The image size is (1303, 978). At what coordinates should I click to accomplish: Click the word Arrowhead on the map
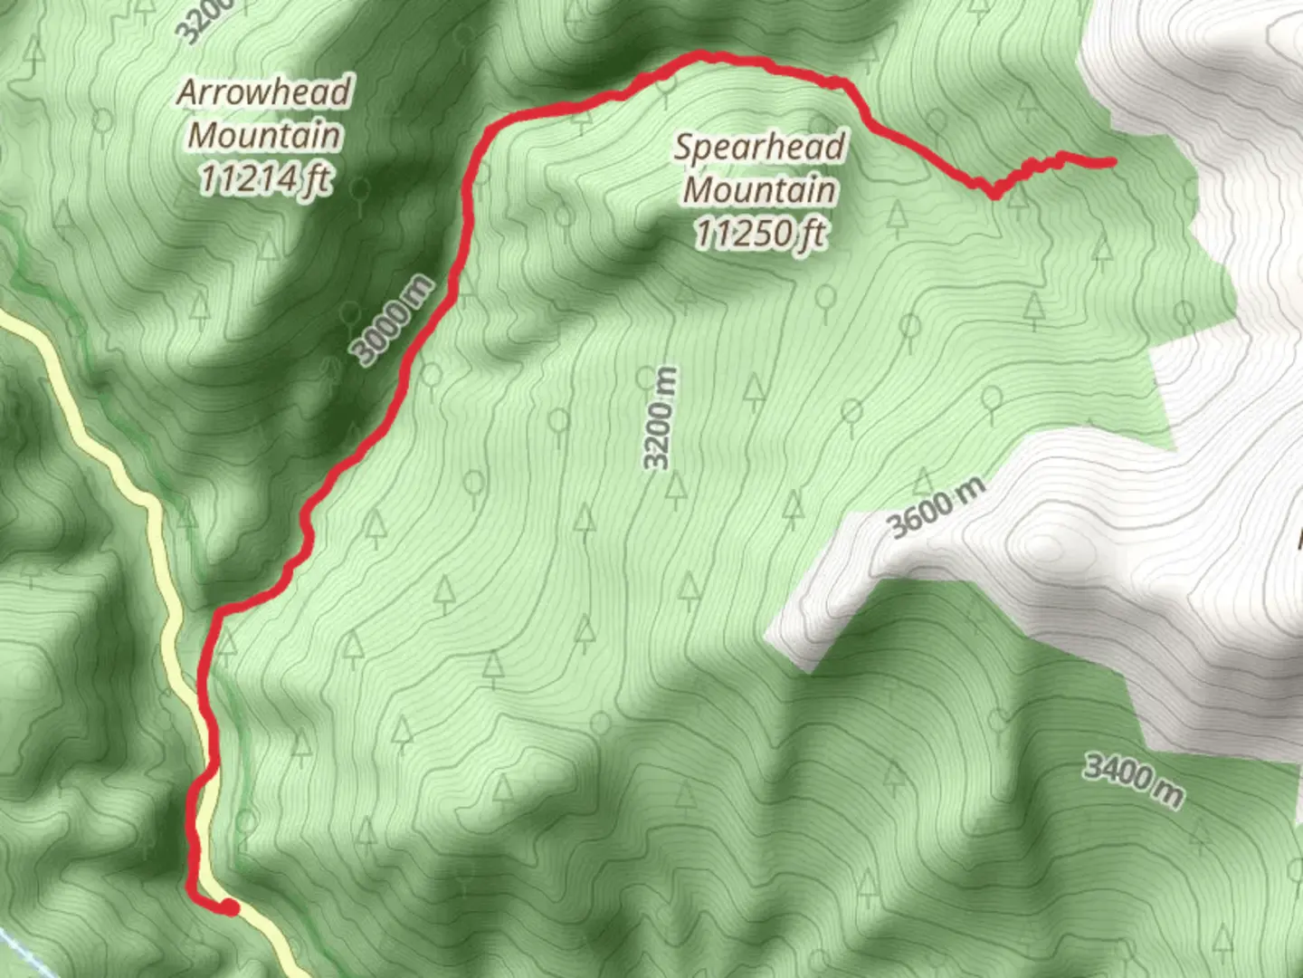(264, 91)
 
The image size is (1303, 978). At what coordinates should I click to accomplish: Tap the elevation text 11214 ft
(264, 179)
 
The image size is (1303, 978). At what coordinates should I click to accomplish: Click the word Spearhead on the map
(760, 147)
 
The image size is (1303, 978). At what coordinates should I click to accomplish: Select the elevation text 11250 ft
(760, 234)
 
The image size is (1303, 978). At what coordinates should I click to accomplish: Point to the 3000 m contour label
(393, 321)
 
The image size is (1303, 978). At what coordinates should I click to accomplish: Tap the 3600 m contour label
(936, 508)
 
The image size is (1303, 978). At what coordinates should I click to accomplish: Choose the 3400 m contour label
(1133, 780)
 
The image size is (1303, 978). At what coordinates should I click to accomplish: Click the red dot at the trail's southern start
(230, 907)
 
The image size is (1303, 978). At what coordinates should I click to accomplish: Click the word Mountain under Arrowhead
(264, 136)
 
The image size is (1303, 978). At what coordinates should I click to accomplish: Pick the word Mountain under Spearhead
(760, 190)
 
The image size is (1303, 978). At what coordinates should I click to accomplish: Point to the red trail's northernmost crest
(701, 57)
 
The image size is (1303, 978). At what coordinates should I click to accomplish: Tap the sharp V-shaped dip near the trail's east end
(994, 192)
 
